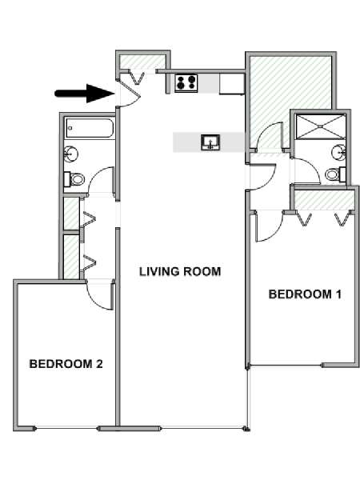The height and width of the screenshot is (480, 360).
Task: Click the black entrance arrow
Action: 85,94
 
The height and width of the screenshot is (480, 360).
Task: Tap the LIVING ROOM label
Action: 180,271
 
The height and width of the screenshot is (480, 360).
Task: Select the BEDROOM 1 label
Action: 305,294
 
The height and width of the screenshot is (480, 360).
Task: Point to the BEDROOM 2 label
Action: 66,364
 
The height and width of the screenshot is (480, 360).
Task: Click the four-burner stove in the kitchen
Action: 186,83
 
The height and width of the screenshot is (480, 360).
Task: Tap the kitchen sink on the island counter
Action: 210,142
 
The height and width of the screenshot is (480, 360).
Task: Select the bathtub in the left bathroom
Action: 90,128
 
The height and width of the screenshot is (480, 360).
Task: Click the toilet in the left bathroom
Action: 74,179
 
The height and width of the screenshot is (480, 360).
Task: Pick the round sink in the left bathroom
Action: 70,154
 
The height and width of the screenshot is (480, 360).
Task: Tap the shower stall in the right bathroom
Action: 321,126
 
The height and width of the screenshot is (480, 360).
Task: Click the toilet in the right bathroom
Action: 335,174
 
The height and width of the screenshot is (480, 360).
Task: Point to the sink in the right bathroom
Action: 339,151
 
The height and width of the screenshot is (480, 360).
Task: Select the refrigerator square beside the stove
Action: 232,83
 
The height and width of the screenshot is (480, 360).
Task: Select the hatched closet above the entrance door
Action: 142,62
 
